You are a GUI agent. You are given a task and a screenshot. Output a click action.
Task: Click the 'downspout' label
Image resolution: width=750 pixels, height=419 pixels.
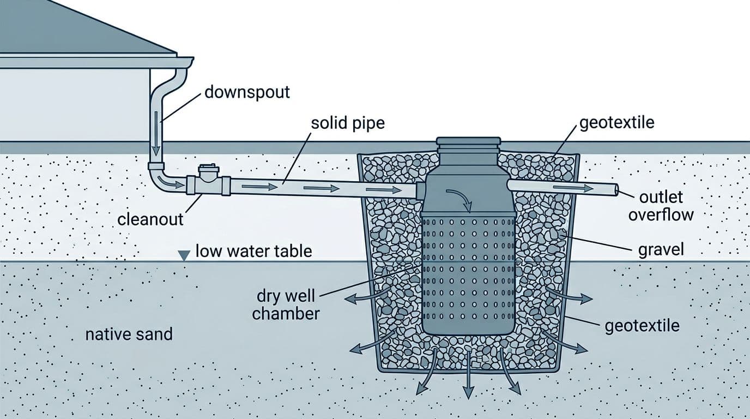[247, 92]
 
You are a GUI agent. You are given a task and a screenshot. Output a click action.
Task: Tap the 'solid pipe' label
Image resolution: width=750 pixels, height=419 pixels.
[347, 123]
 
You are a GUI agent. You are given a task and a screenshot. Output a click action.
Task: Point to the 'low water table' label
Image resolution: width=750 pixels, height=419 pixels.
[253, 251]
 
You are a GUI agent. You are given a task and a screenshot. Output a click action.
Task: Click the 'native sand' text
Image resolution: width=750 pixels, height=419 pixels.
[129, 333]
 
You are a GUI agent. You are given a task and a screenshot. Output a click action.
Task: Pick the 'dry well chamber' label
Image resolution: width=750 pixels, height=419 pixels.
[286, 305]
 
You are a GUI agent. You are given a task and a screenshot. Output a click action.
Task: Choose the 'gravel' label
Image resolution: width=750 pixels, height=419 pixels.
[661, 250]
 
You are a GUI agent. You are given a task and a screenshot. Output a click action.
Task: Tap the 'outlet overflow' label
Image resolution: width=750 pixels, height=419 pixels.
[661, 206]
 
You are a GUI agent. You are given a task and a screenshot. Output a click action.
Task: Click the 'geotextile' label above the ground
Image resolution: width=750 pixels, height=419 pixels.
[616, 123]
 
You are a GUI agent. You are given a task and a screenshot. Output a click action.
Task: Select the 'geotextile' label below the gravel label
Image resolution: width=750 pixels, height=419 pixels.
[642, 326]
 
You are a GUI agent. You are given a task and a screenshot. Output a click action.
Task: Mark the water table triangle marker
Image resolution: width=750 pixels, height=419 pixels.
[185, 255]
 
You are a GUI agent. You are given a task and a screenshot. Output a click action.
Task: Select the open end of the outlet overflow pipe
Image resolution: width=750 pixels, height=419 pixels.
[615, 189]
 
